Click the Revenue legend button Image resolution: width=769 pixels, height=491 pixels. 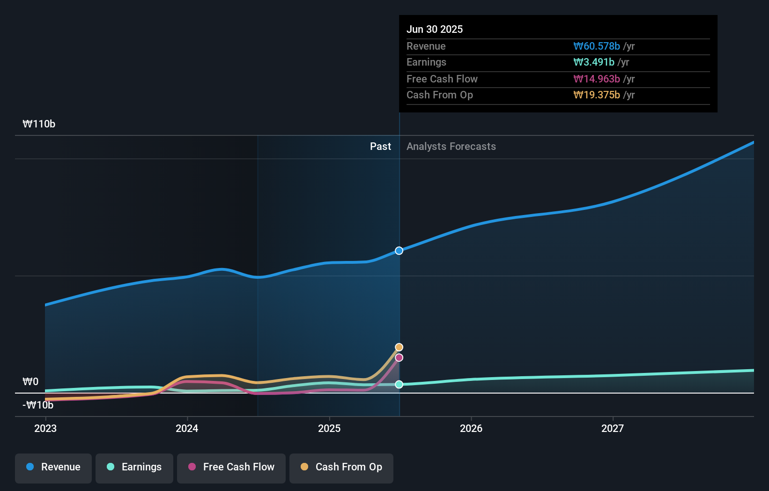[x=53, y=468]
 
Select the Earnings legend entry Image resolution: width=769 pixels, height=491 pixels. [x=134, y=468]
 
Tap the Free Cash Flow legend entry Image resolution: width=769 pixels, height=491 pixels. [x=231, y=468]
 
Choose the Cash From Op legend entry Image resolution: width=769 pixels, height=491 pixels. [x=341, y=468]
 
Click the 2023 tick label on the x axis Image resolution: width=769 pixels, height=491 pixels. [x=45, y=429]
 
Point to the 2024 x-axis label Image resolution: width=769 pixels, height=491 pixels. [x=187, y=429]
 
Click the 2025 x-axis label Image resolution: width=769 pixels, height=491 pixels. [x=329, y=429]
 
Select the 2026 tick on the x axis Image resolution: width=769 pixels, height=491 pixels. [x=471, y=429]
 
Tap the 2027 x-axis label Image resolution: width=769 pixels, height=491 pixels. [x=613, y=429]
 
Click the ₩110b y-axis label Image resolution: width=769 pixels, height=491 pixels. [x=39, y=124]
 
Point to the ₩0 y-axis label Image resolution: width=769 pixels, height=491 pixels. [x=30, y=382]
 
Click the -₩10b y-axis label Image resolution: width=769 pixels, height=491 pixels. [x=38, y=405]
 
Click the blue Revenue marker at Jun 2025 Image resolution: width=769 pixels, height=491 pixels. [x=399, y=251]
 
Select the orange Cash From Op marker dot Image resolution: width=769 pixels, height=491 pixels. [x=399, y=347]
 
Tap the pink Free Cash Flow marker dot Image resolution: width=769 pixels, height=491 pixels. [x=399, y=358]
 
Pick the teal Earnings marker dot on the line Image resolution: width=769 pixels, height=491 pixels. [x=399, y=385]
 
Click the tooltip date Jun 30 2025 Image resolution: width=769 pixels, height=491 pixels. [x=435, y=30]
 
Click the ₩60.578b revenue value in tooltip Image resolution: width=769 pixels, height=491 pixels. [x=597, y=46]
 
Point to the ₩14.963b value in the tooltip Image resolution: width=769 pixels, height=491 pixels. [x=597, y=79]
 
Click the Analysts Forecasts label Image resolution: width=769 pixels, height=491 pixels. [x=451, y=147]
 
